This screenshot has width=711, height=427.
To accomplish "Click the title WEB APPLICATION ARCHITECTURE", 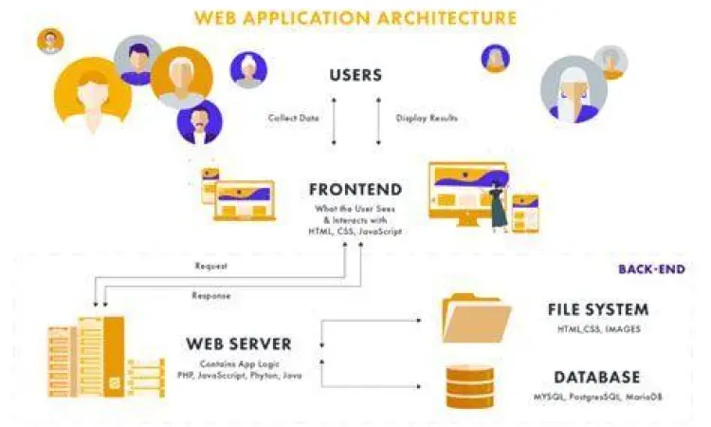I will click(x=355, y=18).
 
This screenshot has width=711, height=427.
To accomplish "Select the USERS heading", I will click(x=355, y=75).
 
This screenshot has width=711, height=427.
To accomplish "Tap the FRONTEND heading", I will click(x=355, y=189).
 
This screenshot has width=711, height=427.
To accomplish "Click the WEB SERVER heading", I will click(x=238, y=343).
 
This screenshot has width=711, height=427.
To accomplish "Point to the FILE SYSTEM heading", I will click(x=597, y=309).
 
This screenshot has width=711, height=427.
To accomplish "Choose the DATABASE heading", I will click(x=597, y=377).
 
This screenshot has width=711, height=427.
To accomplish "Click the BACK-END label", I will click(x=649, y=269).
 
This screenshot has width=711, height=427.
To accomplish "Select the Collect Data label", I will click(x=293, y=119).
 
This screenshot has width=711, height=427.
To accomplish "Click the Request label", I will click(x=210, y=266).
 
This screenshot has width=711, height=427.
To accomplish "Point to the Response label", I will click(x=211, y=295).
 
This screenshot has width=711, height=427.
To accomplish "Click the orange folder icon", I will click(x=477, y=318).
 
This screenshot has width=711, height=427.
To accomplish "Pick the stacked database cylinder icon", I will click(x=469, y=385).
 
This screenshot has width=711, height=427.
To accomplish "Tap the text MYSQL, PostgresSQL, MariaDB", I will click(x=597, y=396).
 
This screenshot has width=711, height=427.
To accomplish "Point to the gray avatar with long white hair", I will click(x=574, y=89).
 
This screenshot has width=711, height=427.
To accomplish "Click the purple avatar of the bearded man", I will click(x=199, y=121).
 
